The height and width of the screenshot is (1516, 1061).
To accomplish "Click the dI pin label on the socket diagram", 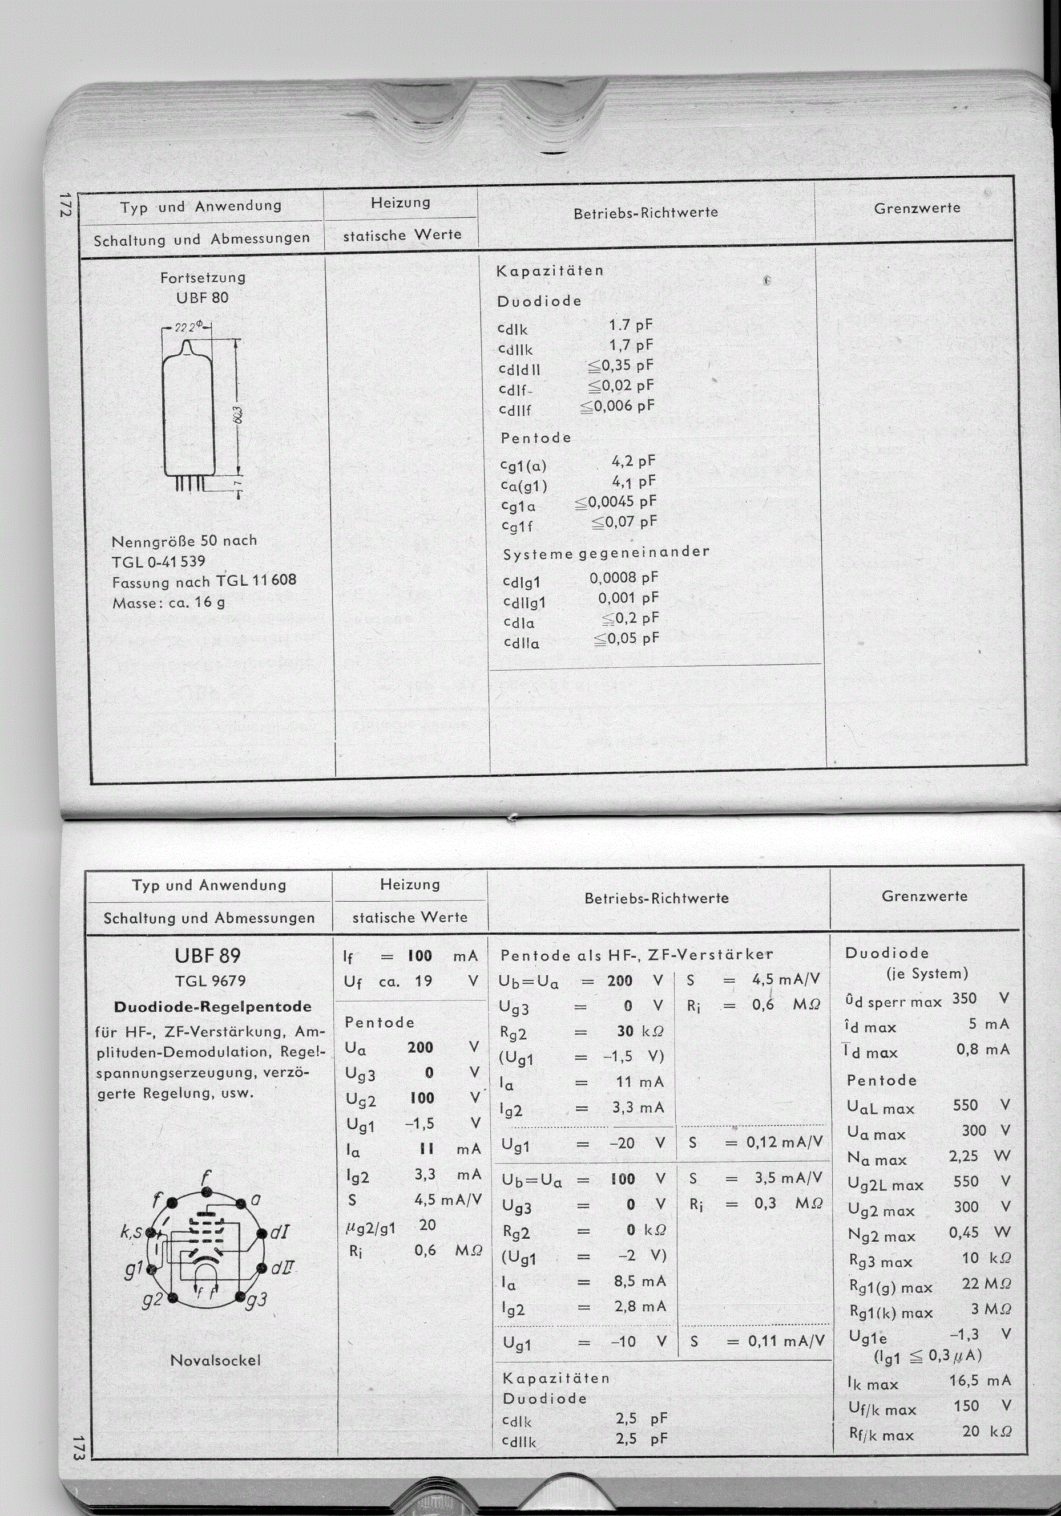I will point(278,1232).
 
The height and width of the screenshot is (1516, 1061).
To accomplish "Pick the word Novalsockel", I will point(215,1360).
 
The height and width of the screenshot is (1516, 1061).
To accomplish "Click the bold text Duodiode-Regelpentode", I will point(212,1007).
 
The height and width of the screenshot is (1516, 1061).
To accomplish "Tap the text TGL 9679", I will point(210,981).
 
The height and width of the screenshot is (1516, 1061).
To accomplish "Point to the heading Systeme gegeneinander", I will point(606,553).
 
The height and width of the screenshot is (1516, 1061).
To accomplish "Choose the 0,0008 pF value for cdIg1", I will point(624,578).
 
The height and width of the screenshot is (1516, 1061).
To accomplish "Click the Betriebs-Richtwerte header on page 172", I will point(646,213).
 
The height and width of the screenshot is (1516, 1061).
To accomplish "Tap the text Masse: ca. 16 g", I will point(168,602).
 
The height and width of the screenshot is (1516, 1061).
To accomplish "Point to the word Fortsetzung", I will point(203,277).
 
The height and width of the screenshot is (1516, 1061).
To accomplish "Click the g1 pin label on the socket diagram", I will point(135,1270).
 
